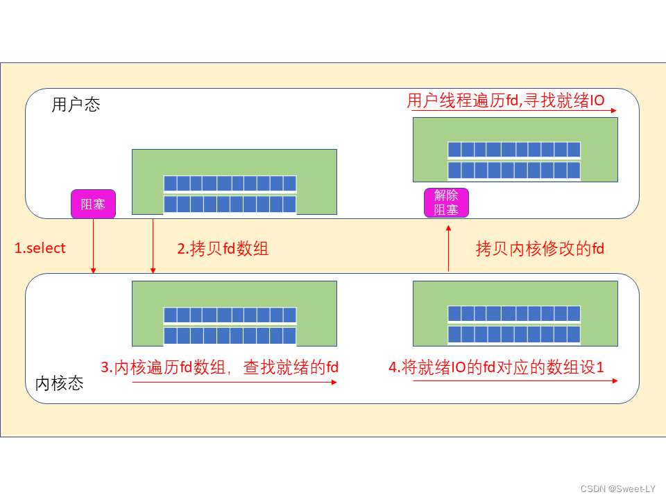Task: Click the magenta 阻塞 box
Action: point(93,204)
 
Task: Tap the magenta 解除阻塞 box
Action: point(446,202)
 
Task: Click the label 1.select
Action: point(40,248)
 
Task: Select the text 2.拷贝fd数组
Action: point(223,248)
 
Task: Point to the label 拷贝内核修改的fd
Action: point(540,249)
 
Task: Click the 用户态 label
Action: point(76,105)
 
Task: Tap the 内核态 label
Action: point(59,383)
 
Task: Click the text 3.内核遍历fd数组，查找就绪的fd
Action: point(220,367)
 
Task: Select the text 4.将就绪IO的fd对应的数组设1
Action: point(497,367)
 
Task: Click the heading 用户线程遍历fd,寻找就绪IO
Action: point(506,100)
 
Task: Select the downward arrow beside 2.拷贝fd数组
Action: point(153,246)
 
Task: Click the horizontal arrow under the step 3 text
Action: point(234,381)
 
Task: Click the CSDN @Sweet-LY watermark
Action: point(617,489)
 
